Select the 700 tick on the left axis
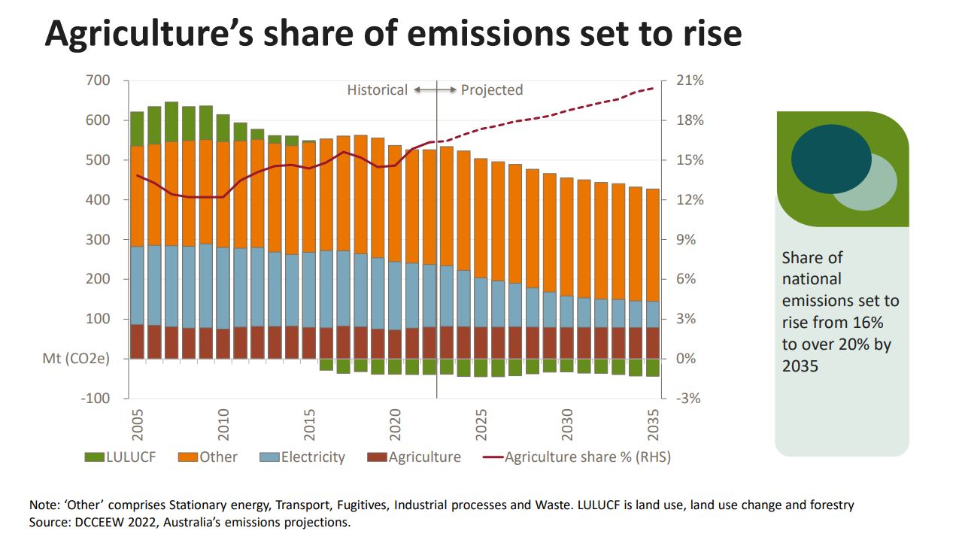tap(98, 80)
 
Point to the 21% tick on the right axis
tap(688, 80)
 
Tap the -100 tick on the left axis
tap(96, 399)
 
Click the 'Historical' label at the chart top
tap(377, 90)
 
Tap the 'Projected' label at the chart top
tap(491, 90)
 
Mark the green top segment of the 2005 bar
tap(137, 129)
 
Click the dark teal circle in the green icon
tap(830, 159)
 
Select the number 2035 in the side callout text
tap(800, 366)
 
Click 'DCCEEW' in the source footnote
tap(94, 521)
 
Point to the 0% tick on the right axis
tap(684, 359)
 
